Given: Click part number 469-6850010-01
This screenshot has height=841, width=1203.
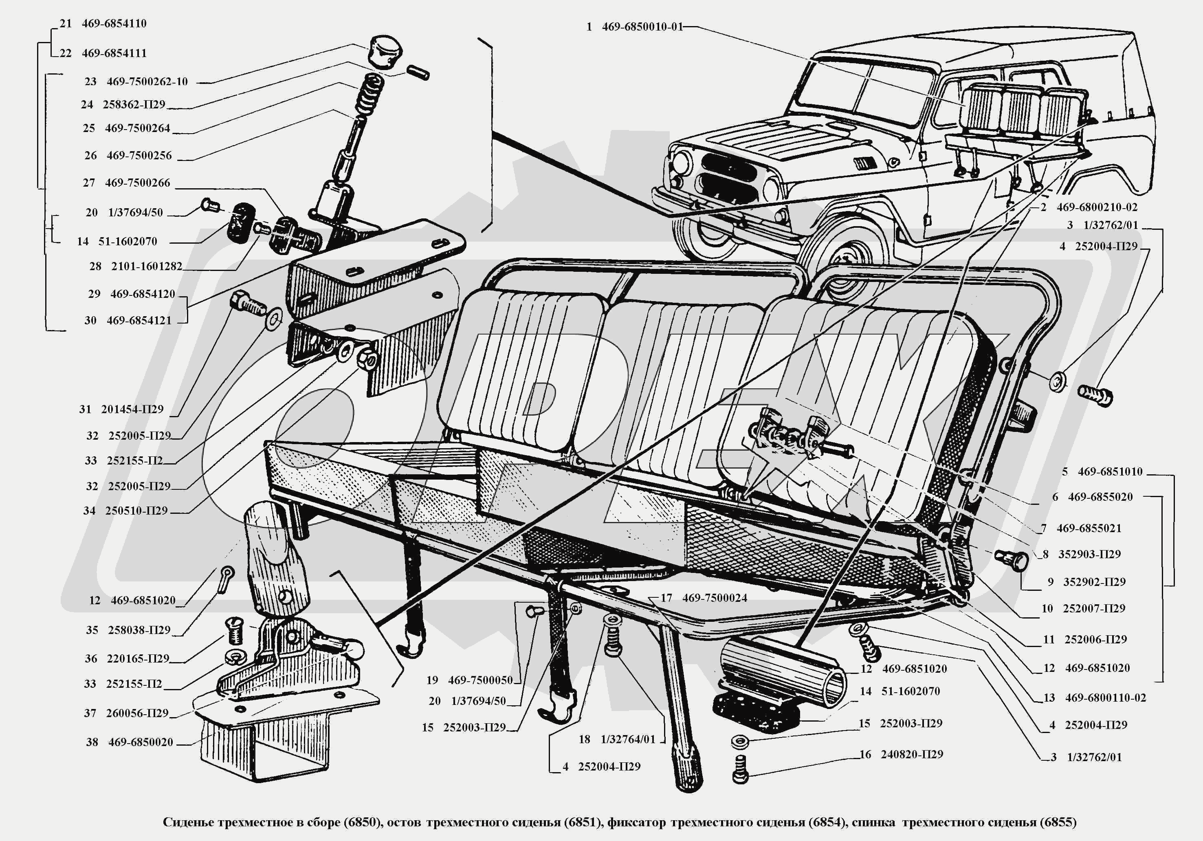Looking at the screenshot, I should (x=642, y=27).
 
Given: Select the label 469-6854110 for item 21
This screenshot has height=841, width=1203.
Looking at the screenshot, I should (x=114, y=24).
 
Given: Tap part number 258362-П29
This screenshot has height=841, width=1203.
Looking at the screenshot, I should (x=134, y=104).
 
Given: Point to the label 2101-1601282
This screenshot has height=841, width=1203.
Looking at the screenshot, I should (x=146, y=266).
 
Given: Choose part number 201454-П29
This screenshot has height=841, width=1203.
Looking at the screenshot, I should (x=132, y=409).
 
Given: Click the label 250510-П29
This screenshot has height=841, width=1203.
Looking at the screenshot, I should (x=136, y=511).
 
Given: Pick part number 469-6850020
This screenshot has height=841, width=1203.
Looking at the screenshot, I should (x=141, y=742).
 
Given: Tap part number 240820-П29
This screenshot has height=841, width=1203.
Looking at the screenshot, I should (x=912, y=755).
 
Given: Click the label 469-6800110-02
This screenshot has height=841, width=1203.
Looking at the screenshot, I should (x=1106, y=698).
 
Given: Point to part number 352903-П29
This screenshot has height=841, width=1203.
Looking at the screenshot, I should (x=1089, y=555).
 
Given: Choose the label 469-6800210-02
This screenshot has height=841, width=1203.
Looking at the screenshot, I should (x=1097, y=207).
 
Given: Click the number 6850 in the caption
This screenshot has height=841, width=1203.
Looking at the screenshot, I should (x=362, y=822).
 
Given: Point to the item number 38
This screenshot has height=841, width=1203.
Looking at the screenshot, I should (x=92, y=742).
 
